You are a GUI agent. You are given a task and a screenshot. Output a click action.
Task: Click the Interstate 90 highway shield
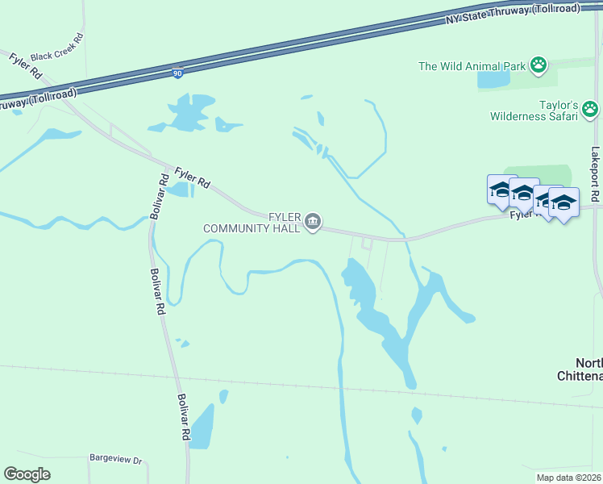pyautogui.click(x=177, y=73)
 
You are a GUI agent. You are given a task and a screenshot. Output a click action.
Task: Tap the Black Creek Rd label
pyautogui.click(x=56, y=48)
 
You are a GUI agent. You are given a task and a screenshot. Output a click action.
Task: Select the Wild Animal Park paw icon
pyautogui.click(x=539, y=65)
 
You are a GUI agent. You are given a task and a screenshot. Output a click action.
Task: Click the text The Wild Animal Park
pyautogui.click(x=472, y=65)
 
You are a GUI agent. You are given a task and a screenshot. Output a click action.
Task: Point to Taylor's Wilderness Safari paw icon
pyautogui.click(x=591, y=108)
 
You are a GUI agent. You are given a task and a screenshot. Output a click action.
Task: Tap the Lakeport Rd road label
pyautogui.click(x=595, y=173)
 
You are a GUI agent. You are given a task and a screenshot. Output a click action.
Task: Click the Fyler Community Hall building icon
pyautogui.click(x=314, y=220)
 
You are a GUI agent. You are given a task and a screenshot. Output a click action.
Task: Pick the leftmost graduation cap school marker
pyautogui.click(x=501, y=190)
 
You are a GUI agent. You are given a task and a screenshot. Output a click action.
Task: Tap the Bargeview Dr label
pyautogui.click(x=115, y=461)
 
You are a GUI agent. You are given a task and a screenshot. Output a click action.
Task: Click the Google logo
pyautogui.click(x=27, y=474)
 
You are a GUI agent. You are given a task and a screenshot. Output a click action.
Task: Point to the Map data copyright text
pyautogui.click(x=569, y=478)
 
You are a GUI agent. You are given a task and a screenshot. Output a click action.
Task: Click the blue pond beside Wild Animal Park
pyautogui.click(x=494, y=79)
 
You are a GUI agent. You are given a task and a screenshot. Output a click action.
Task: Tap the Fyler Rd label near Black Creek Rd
pyautogui.click(x=25, y=65)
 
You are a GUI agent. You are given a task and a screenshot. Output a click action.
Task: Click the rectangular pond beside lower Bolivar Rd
pyautogui.click(x=202, y=426)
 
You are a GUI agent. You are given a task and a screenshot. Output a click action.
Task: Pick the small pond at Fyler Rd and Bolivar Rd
pyautogui.click(x=181, y=190)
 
